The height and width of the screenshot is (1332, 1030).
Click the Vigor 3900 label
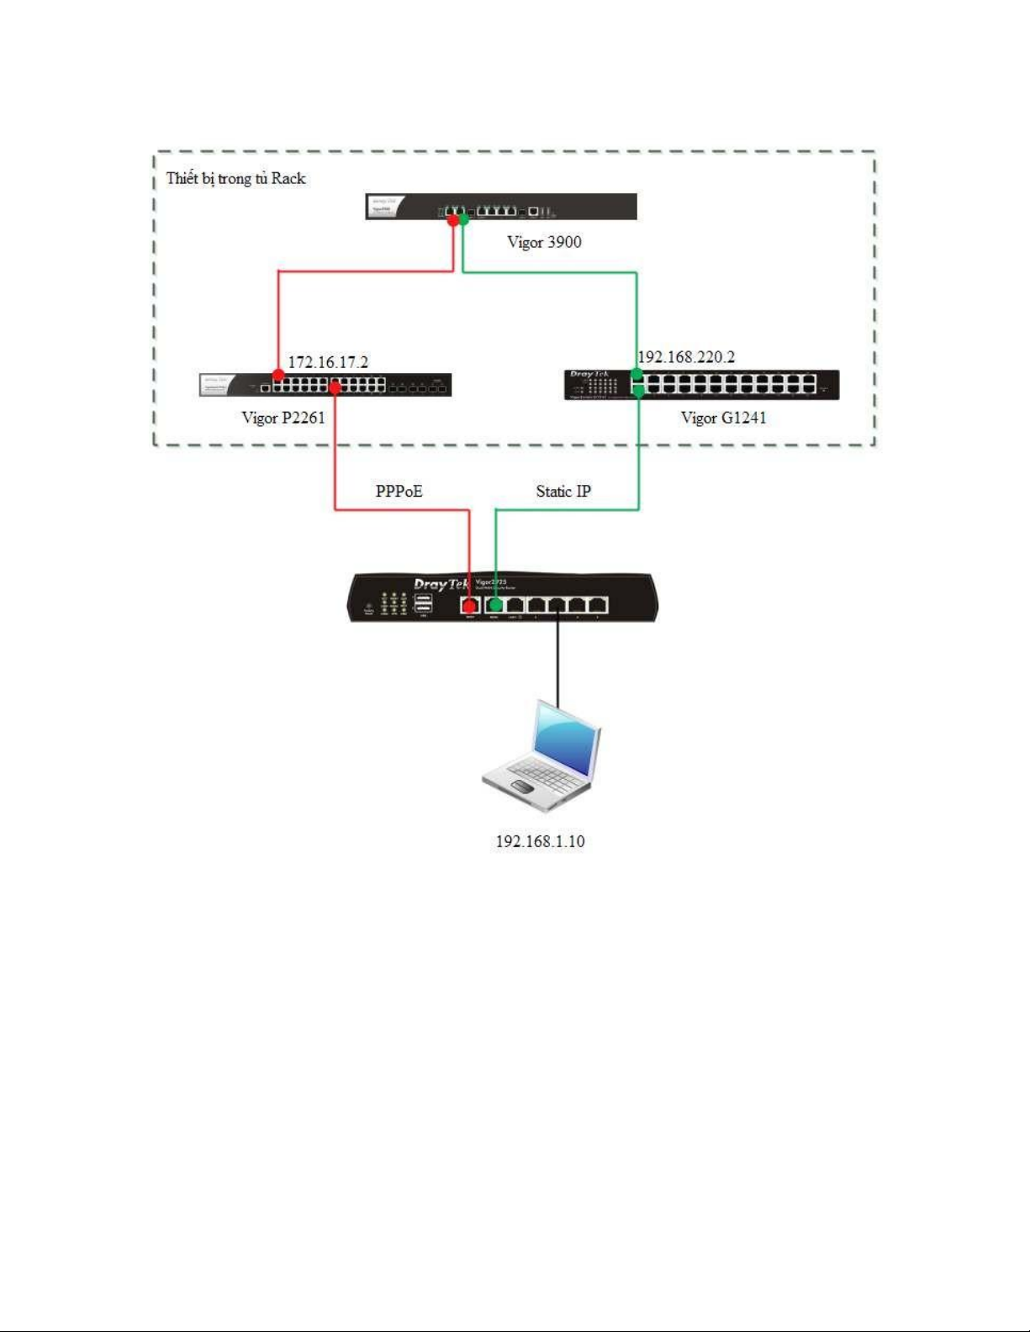544,242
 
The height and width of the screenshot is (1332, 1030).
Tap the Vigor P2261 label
283,418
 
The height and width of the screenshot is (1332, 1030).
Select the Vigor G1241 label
723,418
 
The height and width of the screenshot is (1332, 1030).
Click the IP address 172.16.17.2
328,362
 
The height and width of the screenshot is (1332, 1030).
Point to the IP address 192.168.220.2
686,357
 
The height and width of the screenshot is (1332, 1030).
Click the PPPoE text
399,491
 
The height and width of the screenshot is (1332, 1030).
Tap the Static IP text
563,492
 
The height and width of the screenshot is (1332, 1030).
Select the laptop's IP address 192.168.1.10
540,841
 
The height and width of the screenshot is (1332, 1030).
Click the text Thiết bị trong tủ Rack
235,178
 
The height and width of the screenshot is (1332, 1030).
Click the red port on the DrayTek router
470,605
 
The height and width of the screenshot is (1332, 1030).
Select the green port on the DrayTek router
495,605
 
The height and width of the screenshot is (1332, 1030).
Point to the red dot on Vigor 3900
452,220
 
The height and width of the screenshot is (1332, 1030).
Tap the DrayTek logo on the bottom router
441,584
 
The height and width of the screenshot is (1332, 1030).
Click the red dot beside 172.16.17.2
278,375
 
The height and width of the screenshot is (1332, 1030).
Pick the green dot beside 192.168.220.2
636,374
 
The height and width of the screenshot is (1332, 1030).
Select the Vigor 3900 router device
501,207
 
